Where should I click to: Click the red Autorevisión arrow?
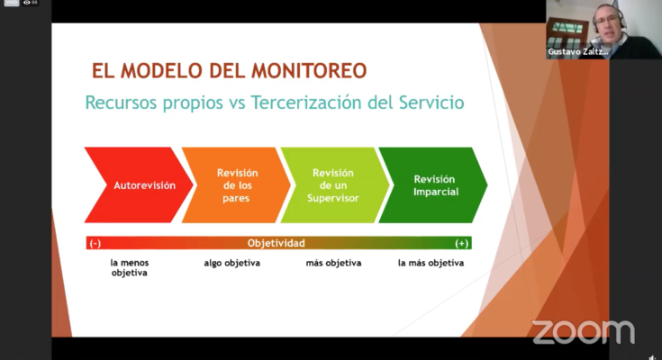click(140, 184)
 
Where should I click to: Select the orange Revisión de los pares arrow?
click(236, 184)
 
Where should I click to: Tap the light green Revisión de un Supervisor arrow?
click(334, 184)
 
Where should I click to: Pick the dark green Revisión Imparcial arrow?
click(433, 184)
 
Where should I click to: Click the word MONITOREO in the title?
click(309, 71)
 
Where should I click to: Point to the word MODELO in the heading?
click(160, 71)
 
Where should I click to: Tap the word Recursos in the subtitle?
click(122, 103)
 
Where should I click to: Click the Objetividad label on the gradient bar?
click(277, 243)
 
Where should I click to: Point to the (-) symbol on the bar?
click(95, 244)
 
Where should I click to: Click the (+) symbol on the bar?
click(461, 244)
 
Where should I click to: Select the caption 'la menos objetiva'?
click(129, 267)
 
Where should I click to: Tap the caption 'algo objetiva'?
click(231, 263)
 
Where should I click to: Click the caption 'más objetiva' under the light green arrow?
click(333, 263)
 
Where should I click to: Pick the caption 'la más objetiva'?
click(431, 263)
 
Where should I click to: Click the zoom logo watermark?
click(584, 332)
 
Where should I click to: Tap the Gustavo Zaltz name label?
click(578, 52)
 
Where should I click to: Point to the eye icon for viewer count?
click(27, 3)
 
